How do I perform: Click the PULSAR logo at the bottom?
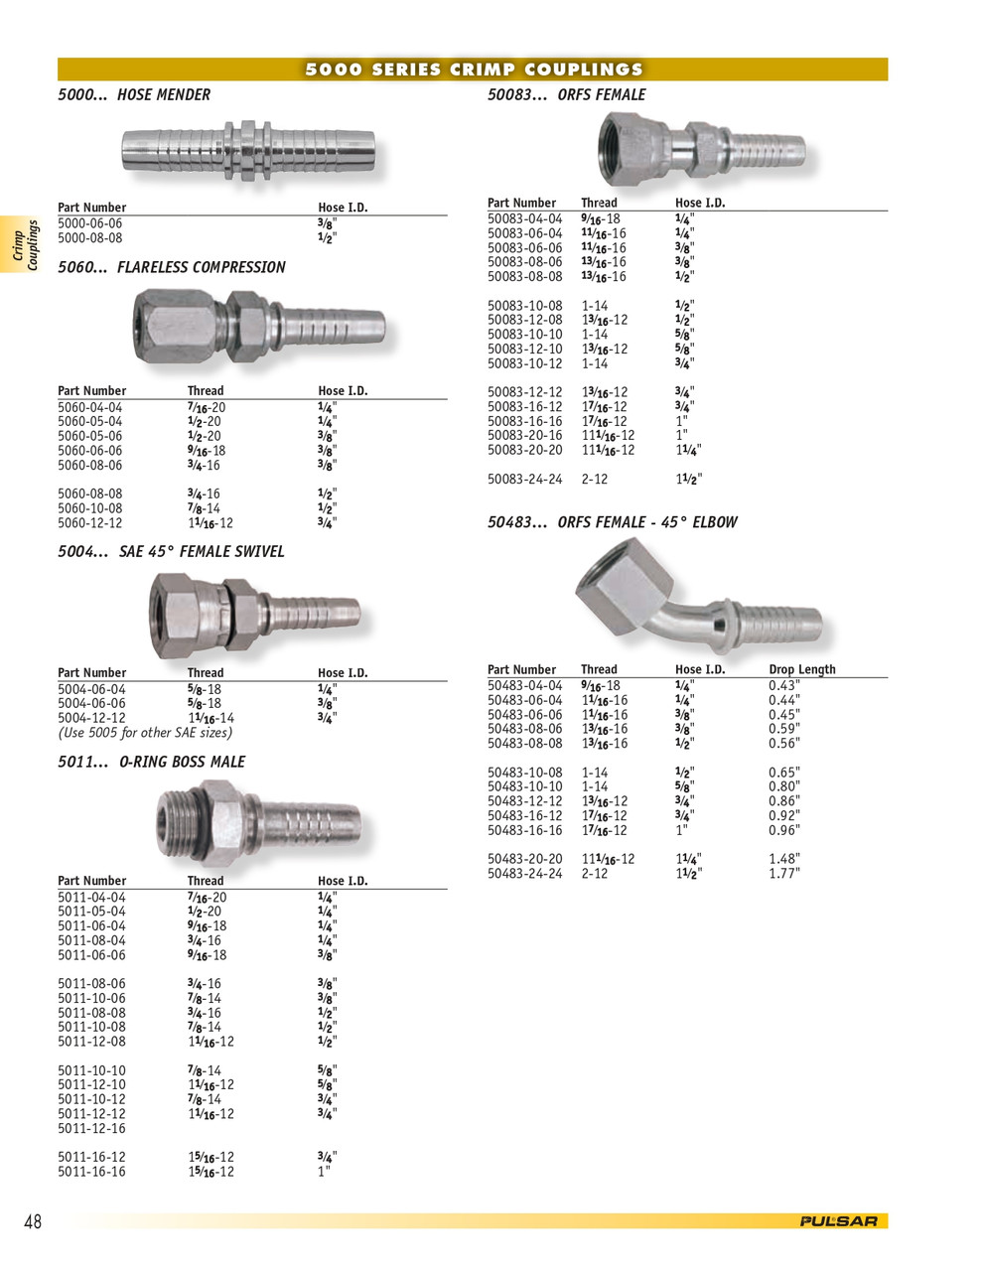(x=839, y=1221)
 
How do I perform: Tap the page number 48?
(x=33, y=1221)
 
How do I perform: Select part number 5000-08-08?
(x=90, y=238)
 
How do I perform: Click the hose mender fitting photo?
(x=248, y=151)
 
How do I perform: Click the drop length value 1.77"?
(x=784, y=874)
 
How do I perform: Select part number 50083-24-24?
(x=525, y=479)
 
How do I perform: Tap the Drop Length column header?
(x=802, y=669)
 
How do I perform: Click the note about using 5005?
(x=145, y=733)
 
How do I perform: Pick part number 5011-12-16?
(x=91, y=1128)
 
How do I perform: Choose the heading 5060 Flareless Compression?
(x=172, y=267)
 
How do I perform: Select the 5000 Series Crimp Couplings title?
(x=474, y=70)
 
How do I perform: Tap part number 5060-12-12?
(x=90, y=522)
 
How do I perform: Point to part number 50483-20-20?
(x=525, y=859)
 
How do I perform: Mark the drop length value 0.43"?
(x=784, y=685)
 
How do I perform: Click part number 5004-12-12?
(x=91, y=718)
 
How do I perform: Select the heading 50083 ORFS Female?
(x=566, y=94)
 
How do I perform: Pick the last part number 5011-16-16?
(x=91, y=1172)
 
